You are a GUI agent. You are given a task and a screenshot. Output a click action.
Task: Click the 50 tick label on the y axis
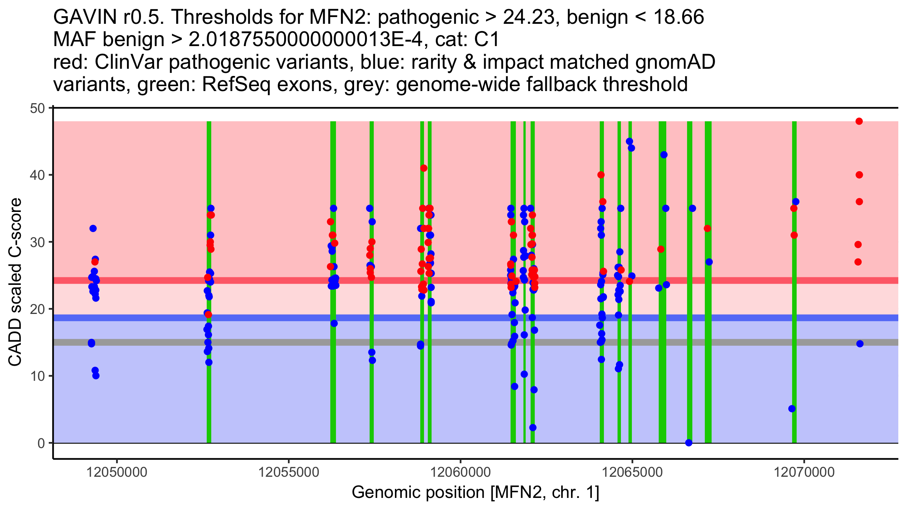click(x=37, y=108)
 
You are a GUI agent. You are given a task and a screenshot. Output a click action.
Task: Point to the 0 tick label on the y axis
click(x=41, y=443)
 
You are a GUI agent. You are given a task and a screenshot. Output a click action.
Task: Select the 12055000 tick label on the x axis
click(x=289, y=472)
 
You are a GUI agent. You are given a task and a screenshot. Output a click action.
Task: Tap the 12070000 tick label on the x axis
click(x=804, y=472)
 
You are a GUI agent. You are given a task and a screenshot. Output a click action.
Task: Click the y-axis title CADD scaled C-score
click(x=15, y=282)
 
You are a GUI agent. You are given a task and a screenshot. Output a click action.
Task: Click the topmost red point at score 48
click(x=859, y=121)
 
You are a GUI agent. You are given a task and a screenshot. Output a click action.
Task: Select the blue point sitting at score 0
click(x=689, y=443)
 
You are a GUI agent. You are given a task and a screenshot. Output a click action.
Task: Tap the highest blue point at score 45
click(x=630, y=142)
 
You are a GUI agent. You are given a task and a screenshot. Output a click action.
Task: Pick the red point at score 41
click(x=424, y=168)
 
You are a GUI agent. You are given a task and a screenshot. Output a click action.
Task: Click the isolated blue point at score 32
click(x=93, y=229)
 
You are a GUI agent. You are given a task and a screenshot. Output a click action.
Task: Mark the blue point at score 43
click(x=664, y=155)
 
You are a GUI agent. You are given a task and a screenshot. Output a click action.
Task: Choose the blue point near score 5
click(x=792, y=409)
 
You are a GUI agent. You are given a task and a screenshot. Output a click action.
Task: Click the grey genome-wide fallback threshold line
click(x=265, y=342)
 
